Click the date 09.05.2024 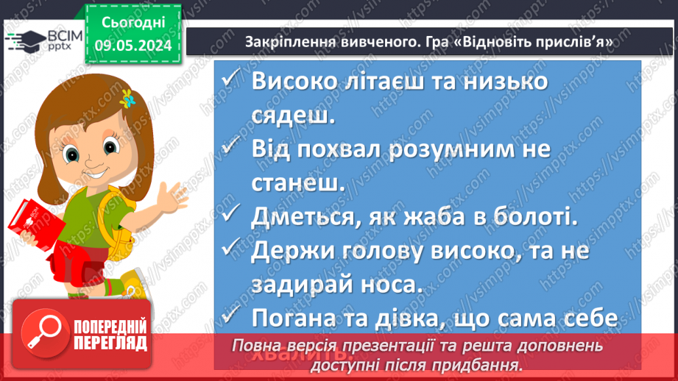coord(133,46)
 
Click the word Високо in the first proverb coord(297,82)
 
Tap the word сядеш coord(293,115)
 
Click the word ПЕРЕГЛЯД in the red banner coord(111,343)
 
